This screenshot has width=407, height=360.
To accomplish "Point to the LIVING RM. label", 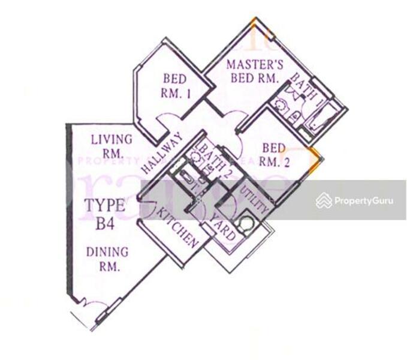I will [x=111, y=146].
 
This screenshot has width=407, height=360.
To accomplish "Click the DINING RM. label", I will [x=108, y=259].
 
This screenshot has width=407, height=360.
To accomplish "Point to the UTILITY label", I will [x=254, y=199].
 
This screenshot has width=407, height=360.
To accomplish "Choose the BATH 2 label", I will [x=210, y=157].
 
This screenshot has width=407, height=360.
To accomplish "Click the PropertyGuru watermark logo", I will [x=354, y=200].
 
